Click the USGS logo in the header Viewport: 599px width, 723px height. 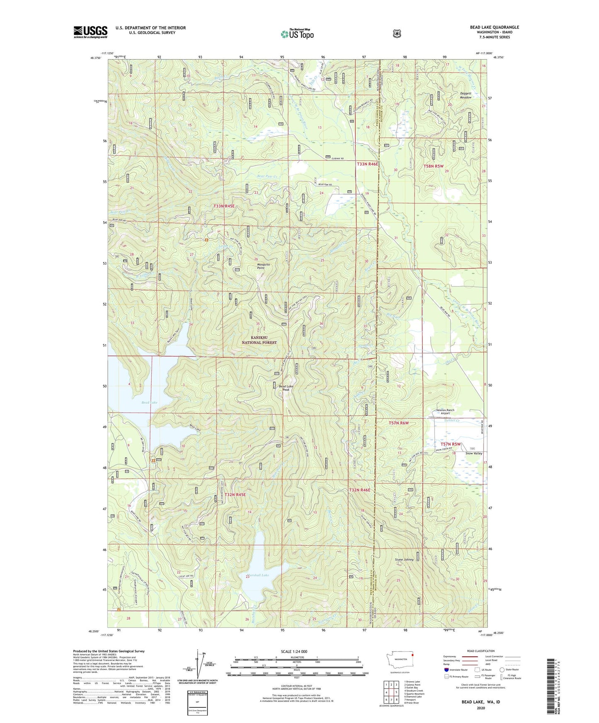tap(90, 32)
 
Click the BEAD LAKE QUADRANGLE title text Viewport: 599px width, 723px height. tap(494, 27)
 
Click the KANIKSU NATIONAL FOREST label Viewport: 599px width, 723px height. tap(259, 340)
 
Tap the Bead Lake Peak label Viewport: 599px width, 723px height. tap(286, 388)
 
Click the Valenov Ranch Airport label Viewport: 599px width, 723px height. tap(445, 412)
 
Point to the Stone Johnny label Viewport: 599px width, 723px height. tap(404, 559)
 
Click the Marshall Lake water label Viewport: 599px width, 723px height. tap(257, 575)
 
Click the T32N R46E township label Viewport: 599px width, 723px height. tap(359, 490)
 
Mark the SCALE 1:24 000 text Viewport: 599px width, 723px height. tap(294, 651)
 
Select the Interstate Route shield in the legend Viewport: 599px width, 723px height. tap(446, 670)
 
